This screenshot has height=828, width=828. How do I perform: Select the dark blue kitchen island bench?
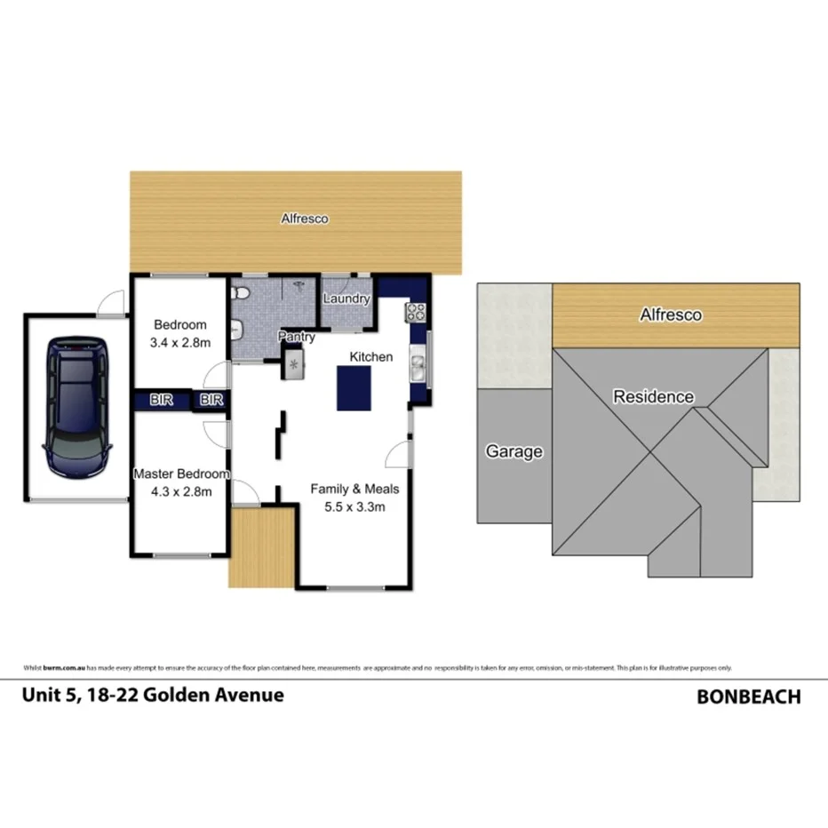click(353, 389)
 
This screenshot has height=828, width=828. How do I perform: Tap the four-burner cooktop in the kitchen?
click(417, 311)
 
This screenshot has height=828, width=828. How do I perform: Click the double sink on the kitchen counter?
click(417, 364)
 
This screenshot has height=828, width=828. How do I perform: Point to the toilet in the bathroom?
click(238, 293)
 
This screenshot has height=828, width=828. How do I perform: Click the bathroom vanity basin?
click(236, 330)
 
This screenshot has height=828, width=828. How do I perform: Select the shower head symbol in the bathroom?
click(300, 285)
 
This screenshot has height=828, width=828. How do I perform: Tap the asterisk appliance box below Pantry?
click(294, 363)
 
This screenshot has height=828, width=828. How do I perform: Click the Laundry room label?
click(346, 299)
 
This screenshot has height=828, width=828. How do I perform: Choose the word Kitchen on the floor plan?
click(370, 356)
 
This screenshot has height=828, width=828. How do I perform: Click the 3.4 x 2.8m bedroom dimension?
click(180, 342)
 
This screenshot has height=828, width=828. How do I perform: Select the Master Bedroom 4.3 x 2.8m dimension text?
click(180, 491)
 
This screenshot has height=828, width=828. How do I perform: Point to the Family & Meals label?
click(354, 489)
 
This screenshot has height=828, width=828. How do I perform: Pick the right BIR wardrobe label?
click(211, 401)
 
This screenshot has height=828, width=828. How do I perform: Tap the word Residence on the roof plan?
click(653, 396)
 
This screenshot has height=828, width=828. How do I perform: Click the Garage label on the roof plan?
click(514, 451)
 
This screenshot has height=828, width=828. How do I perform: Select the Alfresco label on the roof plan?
click(671, 314)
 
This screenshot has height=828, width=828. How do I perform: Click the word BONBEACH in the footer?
click(748, 697)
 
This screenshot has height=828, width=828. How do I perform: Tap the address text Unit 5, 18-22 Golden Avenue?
click(153, 695)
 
